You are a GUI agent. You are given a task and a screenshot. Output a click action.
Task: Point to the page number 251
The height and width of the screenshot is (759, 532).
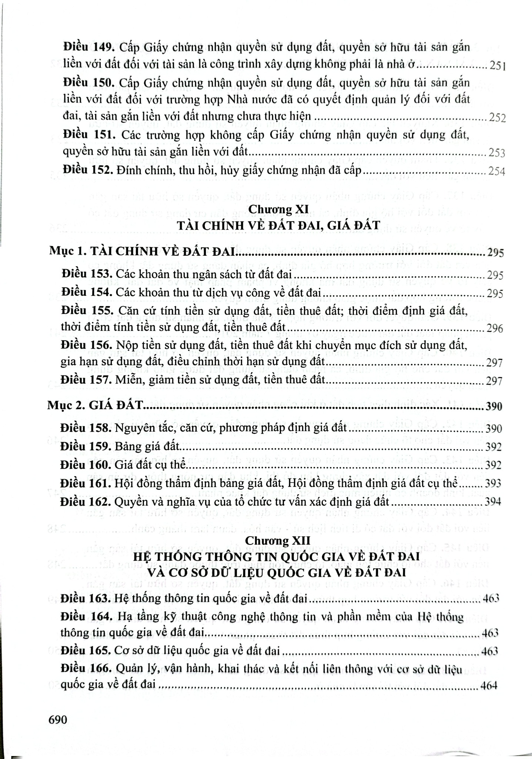click(497, 66)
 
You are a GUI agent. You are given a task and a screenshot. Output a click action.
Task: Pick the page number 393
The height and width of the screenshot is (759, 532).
click(493, 484)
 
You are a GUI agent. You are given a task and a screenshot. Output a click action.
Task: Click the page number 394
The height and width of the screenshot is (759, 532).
click(492, 502)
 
